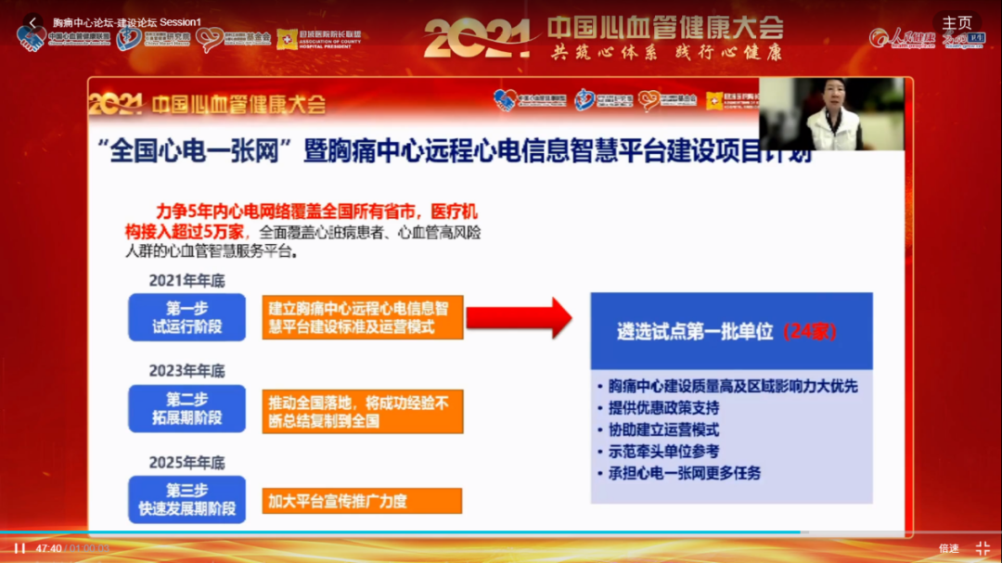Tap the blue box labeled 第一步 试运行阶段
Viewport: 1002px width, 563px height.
coord(187,317)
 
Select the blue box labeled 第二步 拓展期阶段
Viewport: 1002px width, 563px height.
coord(187,408)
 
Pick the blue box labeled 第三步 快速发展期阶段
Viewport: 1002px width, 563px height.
coord(187,499)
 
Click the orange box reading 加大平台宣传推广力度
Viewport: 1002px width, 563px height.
coord(362,502)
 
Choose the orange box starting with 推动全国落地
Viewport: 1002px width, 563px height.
coord(362,412)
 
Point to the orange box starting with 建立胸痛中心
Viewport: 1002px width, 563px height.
coord(362,317)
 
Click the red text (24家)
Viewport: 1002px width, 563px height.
coord(809,331)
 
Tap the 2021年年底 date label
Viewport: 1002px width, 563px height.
coord(186,280)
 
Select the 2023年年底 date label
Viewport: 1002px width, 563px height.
coord(186,371)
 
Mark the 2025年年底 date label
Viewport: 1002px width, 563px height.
coord(186,462)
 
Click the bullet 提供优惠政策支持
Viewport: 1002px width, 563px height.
coord(663,407)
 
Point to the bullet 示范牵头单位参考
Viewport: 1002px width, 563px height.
coord(663,452)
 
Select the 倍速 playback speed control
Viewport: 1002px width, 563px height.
coord(948,549)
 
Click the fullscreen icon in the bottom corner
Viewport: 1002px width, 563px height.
coord(983,548)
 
